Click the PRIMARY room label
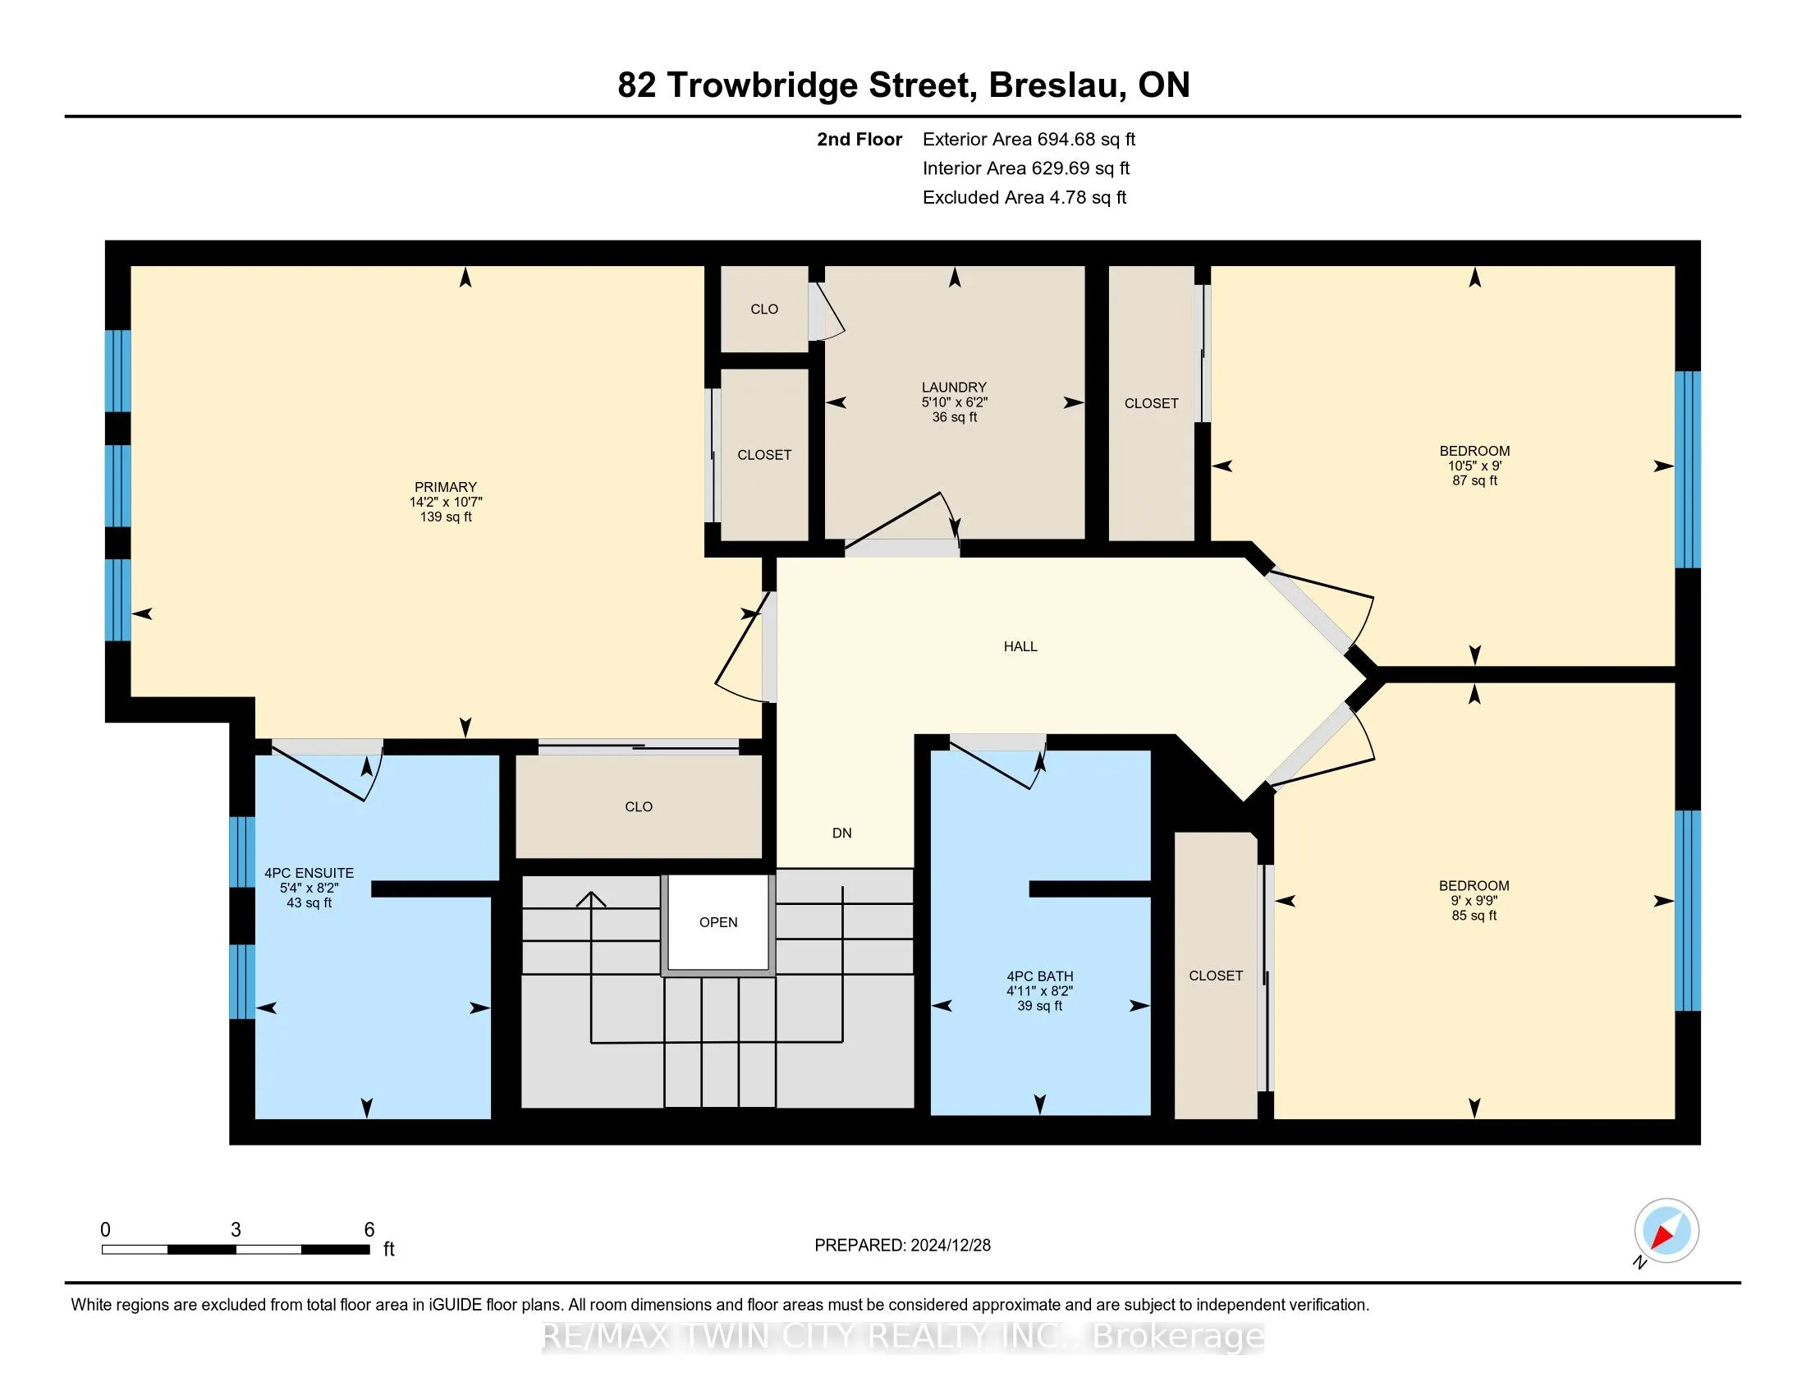pos(446,487)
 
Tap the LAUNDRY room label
pos(954,387)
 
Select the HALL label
pos(1020,647)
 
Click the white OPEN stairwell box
pos(717,922)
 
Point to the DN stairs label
pos(841,833)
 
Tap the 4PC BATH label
pos(1039,976)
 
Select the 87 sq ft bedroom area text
pos(1474,480)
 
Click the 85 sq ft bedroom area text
pos(1474,916)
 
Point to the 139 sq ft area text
pos(446,517)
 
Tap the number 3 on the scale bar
pos(236,1230)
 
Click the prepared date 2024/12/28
pos(949,1245)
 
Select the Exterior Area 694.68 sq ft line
pos(1029,139)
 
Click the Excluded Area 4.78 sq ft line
pos(1024,197)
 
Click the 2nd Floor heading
pos(859,139)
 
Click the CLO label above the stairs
pos(639,806)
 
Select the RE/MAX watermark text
pos(903,1336)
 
